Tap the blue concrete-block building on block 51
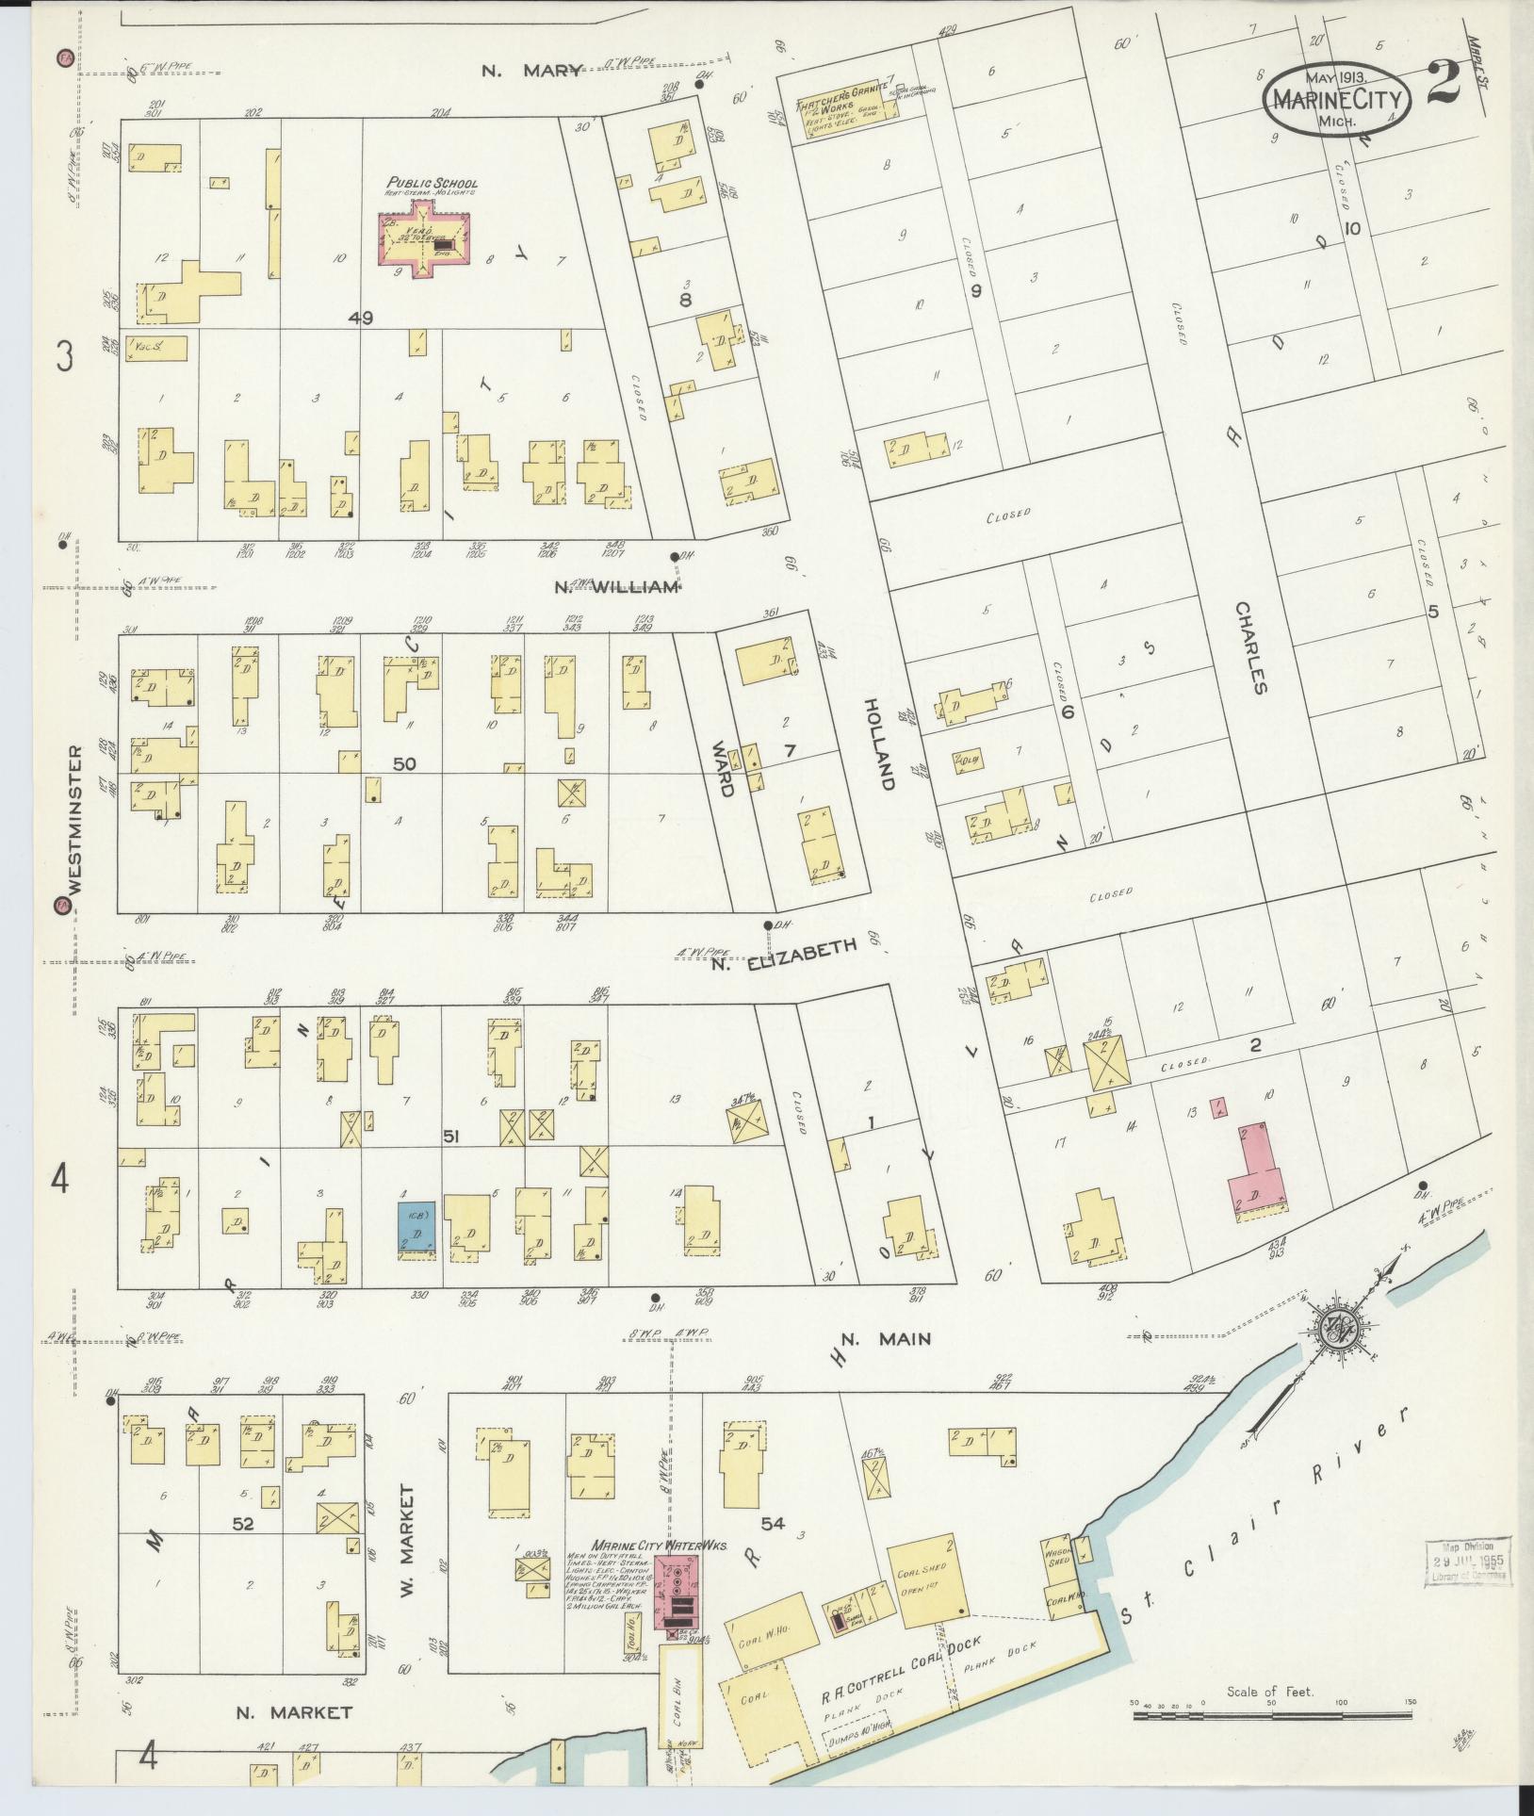[x=416, y=1229]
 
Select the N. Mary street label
[x=531, y=69]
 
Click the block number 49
[x=360, y=319]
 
